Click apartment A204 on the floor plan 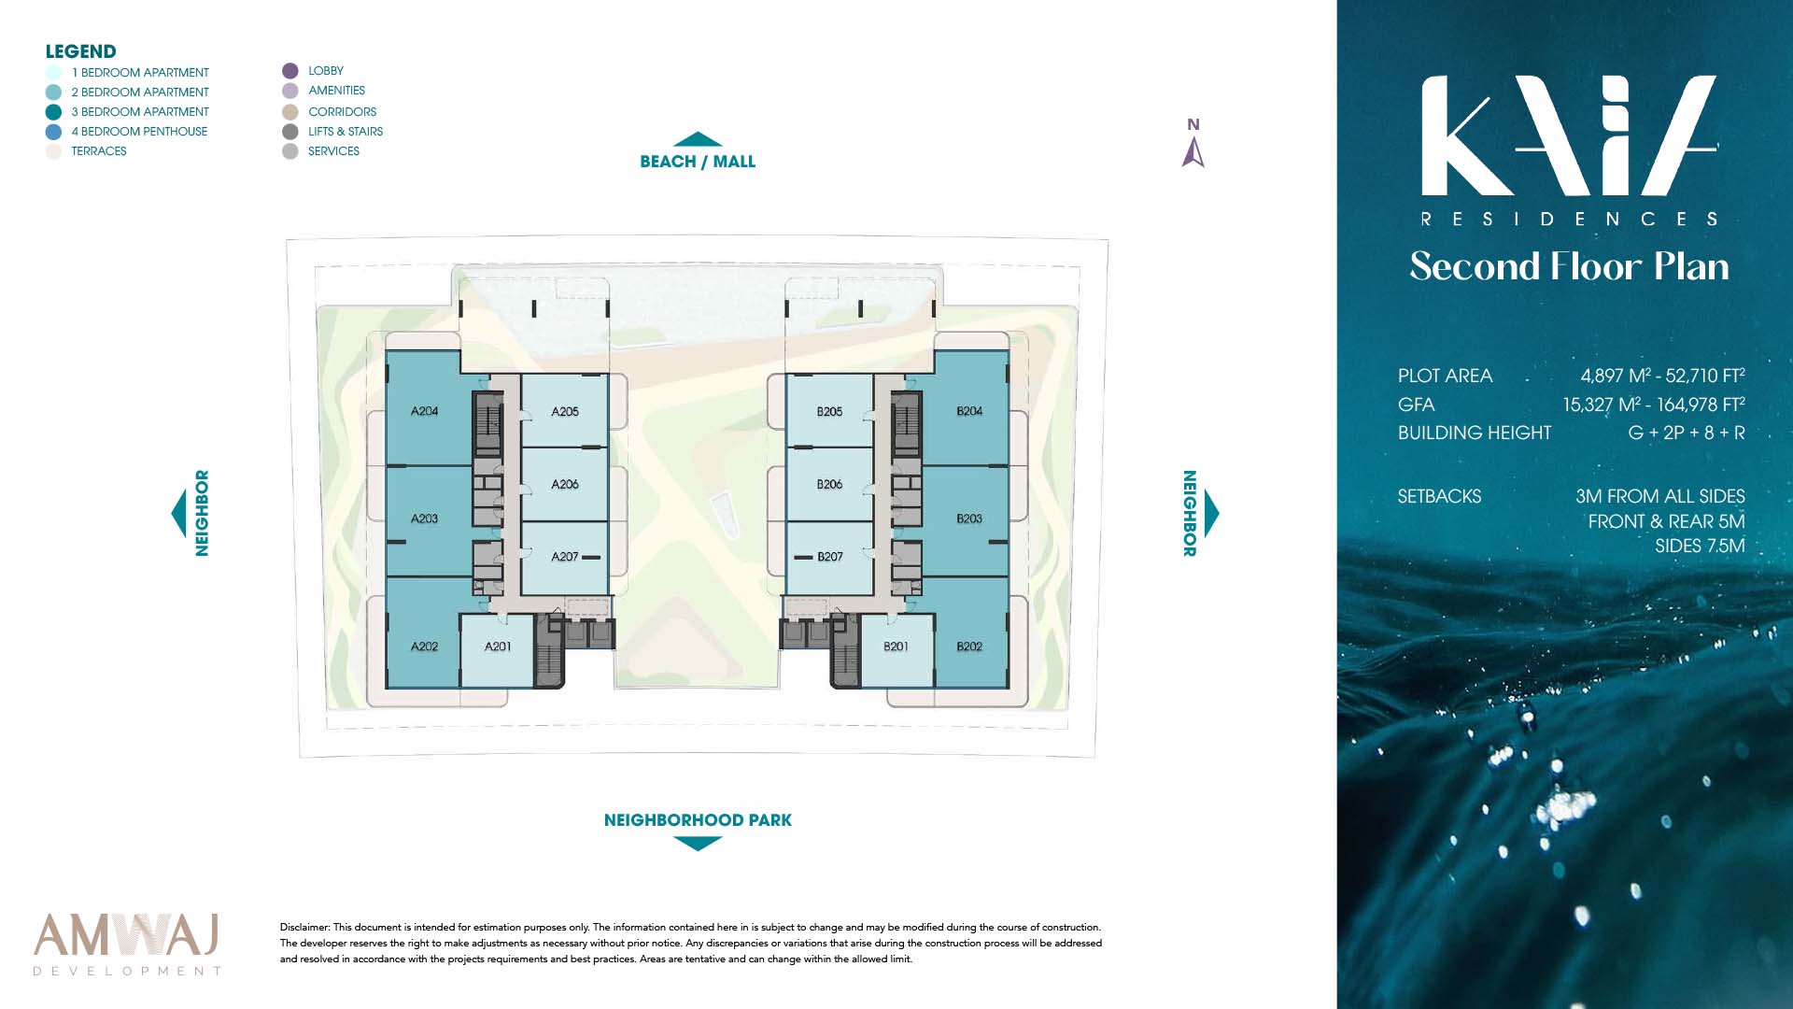point(425,411)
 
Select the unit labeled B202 point(969,647)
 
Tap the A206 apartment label point(565,484)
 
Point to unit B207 point(830,557)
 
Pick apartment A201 point(498,647)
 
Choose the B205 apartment point(829,411)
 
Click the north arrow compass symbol point(1193,151)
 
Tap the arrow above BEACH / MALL point(698,139)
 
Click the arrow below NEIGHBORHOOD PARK point(698,844)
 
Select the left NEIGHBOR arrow point(178,513)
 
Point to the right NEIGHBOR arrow point(1212,513)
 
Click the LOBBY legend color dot point(290,71)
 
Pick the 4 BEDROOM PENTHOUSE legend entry point(127,132)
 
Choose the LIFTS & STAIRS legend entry point(333,132)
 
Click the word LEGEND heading point(81,51)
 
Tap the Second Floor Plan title point(1569,266)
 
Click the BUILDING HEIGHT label point(1475,433)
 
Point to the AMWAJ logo point(127,944)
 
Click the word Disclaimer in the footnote point(304,928)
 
